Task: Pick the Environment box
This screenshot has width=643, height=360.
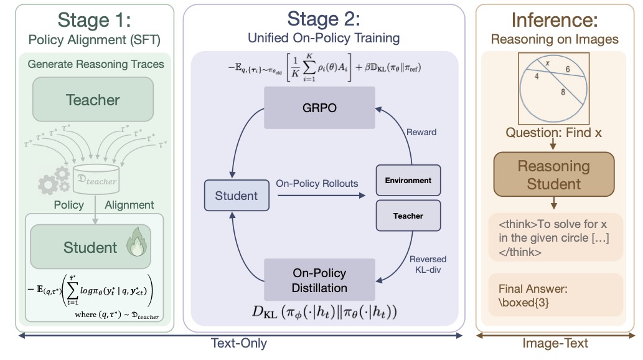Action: click(x=408, y=181)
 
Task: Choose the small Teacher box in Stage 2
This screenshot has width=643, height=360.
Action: click(x=408, y=216)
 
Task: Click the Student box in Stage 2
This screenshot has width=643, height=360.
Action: click(x=236, y=196)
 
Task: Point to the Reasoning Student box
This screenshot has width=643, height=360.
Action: click(x=553, y=175)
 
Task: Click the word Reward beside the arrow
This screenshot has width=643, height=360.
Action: click(x=421, y=132)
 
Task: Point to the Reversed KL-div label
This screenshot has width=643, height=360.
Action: click(x=428, y=264)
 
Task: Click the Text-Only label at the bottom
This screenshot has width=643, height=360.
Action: click(x=240, y=343)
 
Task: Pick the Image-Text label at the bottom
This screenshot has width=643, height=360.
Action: click(x=554, y=343)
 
